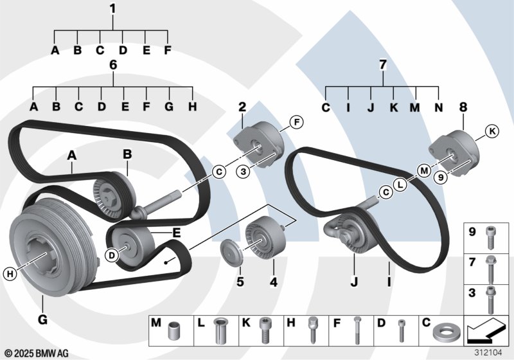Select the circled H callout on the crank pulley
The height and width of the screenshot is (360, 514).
tap(9, 274)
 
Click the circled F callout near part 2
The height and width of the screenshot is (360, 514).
tap(296, 122)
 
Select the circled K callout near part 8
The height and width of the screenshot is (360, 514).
tap(492, 132)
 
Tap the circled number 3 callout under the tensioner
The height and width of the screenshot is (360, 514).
tap(242, 172)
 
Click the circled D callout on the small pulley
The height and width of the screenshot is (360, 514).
tap(111, 256)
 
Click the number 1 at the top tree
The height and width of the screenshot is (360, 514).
tap(112, 9)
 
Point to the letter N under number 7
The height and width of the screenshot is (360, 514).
tap(438, 107)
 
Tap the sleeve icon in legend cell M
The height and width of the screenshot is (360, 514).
tap(172, 333)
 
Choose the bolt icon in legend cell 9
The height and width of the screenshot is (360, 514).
tap(490, 235)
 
